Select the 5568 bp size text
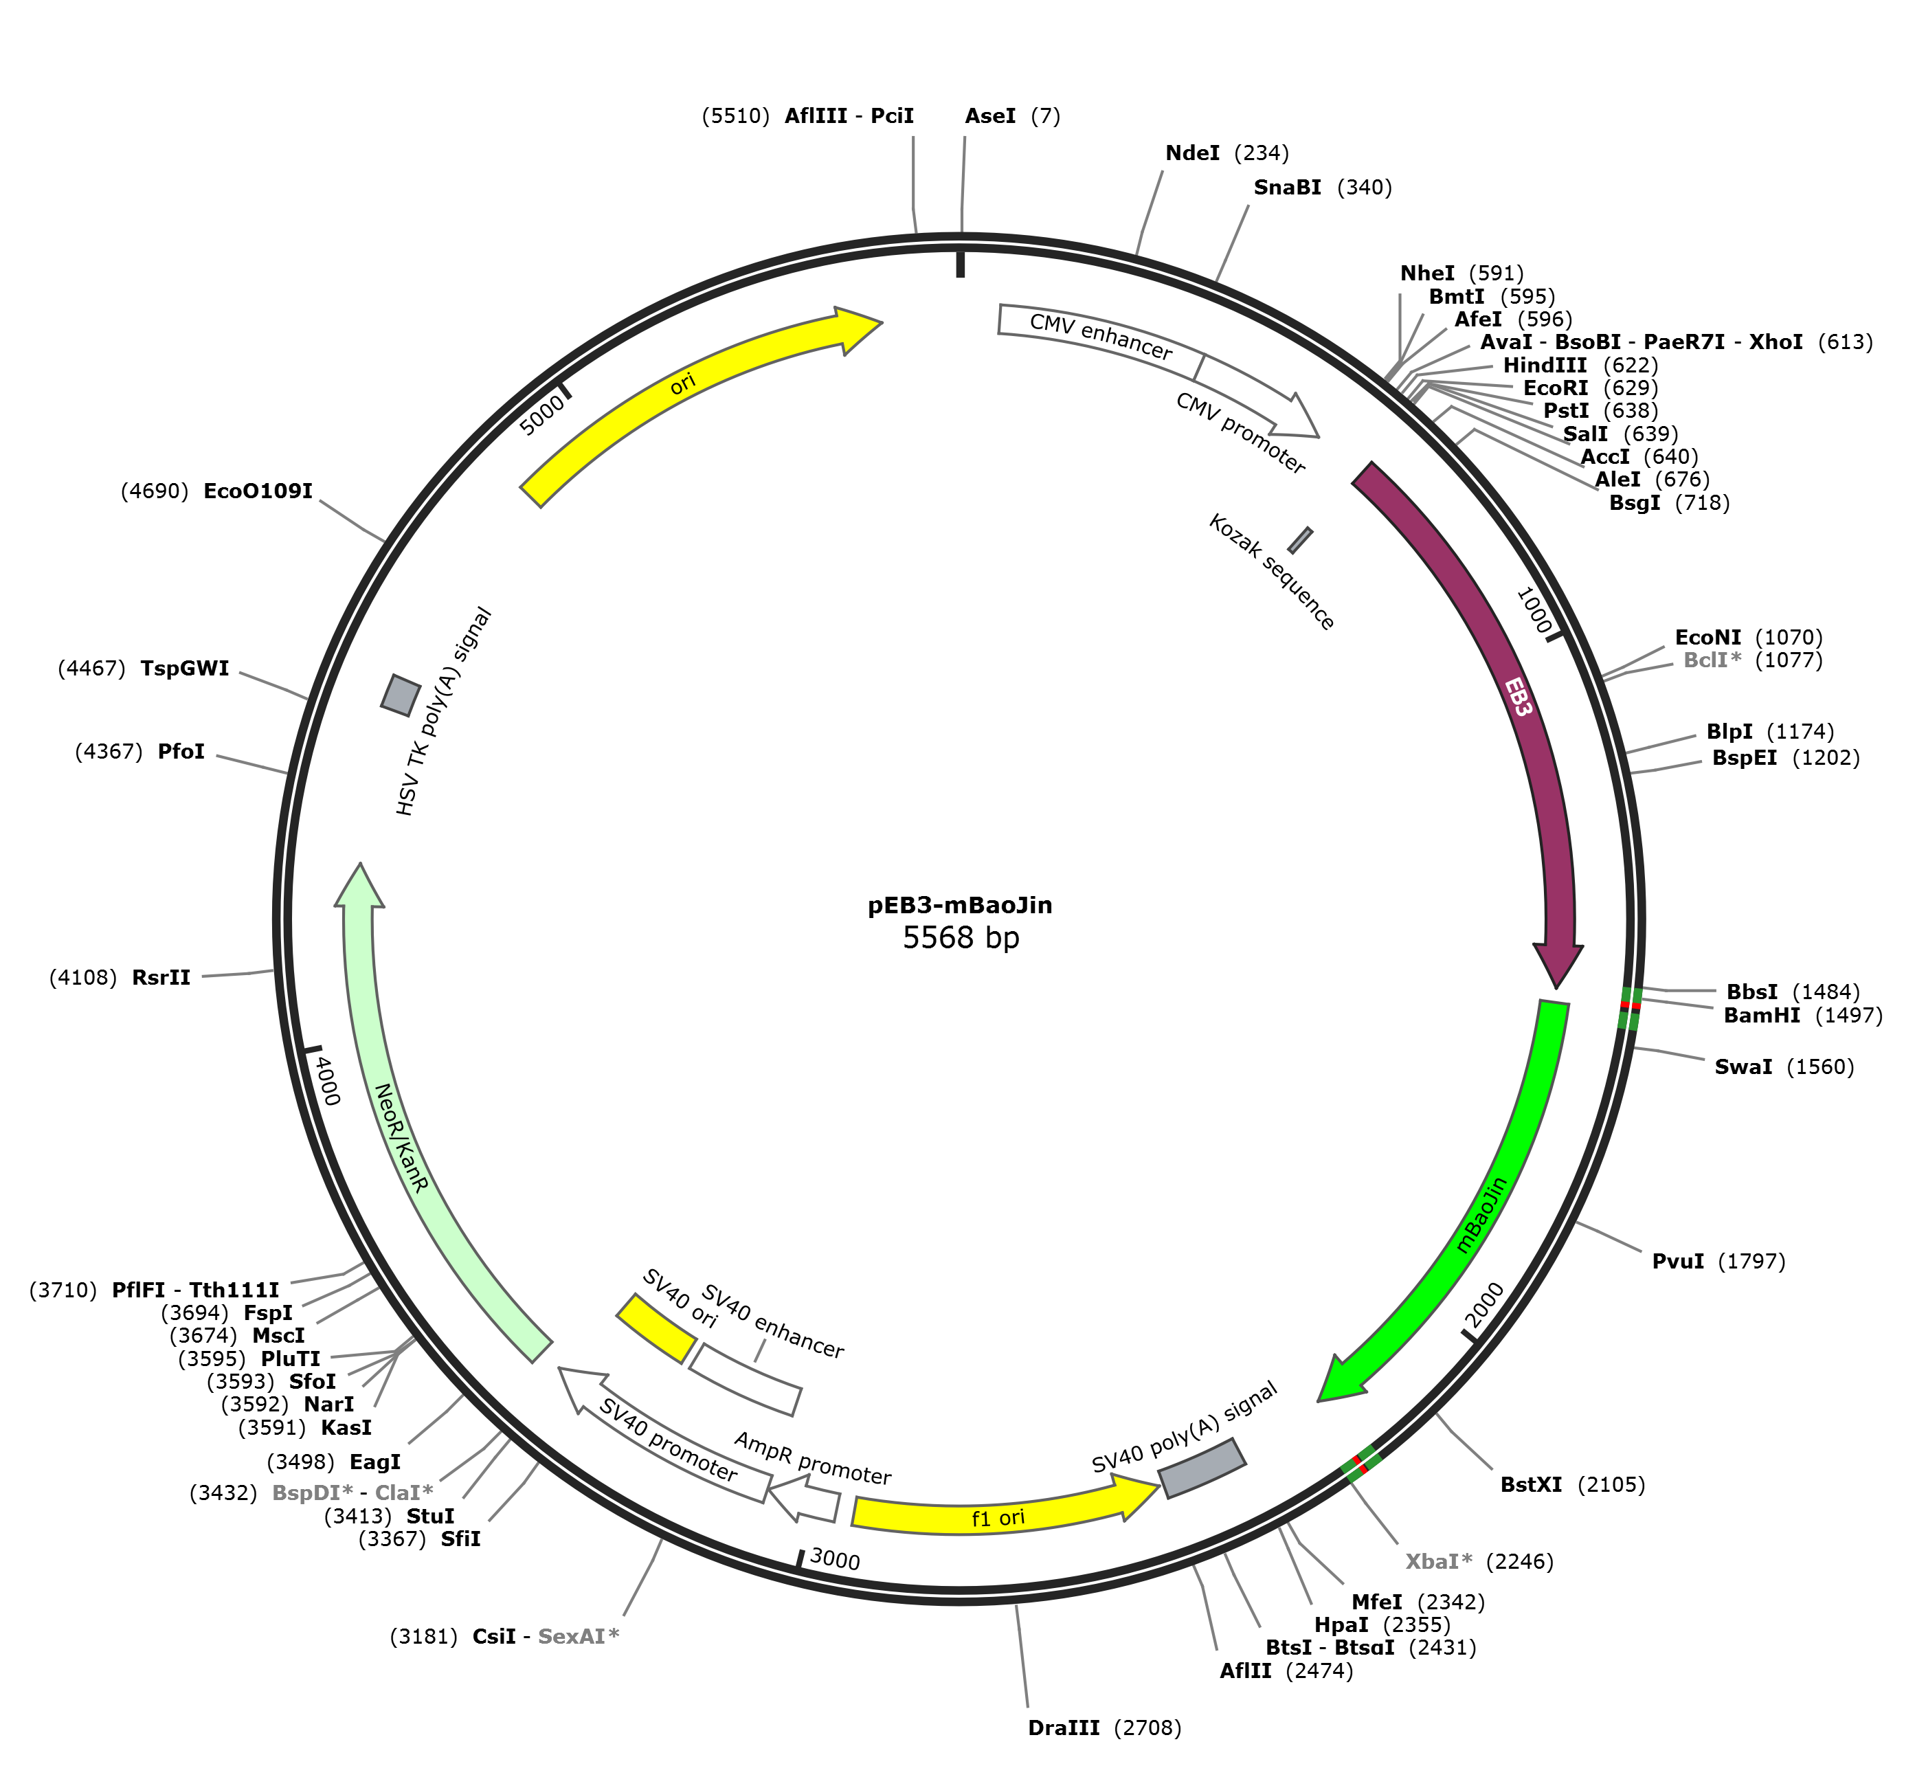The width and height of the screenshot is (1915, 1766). [x=961, y=937]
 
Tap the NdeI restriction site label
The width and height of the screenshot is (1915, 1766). [x=1193, y=153]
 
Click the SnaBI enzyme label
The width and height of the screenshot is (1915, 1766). [x=1287, y=188]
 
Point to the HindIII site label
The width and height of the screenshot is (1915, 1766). [x=1544, y=365]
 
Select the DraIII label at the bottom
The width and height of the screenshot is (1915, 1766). [x=1064, y=1728]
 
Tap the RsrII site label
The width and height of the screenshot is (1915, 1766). [x=161, y=978]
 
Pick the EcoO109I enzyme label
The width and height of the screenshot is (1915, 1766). [x=258, y=491]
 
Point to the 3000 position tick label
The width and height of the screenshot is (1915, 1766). [x=834, y=1561]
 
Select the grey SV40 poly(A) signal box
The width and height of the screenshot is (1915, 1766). [x=1202, y=1468]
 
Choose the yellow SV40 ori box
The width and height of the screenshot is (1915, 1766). [x=656, y=1328]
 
